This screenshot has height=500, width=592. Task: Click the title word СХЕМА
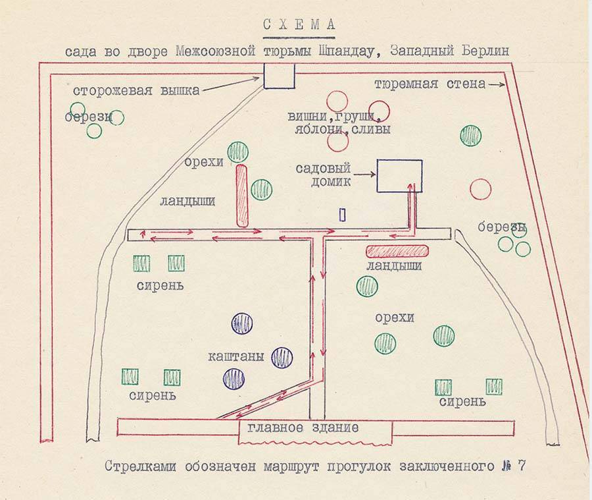299,25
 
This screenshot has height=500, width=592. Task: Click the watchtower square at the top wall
279,76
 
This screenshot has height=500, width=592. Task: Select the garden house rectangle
399,176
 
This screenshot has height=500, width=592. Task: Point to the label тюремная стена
430,84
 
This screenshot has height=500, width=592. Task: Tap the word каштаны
236,357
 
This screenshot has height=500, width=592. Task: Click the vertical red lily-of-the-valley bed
242,196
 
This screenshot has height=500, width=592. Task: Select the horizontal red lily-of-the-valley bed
397,251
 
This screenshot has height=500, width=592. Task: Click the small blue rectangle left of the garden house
342,214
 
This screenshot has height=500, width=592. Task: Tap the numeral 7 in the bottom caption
522,466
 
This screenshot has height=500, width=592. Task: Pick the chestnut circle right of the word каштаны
282,358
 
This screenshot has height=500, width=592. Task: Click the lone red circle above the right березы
480,189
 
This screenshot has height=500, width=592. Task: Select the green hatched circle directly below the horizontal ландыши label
367,286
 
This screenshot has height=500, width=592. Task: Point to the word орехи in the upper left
204,162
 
